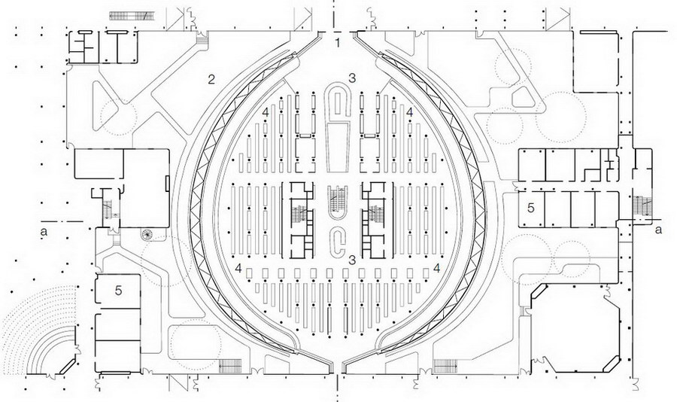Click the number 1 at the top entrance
338,43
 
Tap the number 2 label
211,79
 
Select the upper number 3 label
352,78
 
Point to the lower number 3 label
352,260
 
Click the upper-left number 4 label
265,112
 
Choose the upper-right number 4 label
409,112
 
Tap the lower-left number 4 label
238,269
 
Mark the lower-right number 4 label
436,269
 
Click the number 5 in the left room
118,291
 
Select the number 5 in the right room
530,208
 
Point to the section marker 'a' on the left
43,231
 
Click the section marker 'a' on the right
658,230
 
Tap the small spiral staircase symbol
147,235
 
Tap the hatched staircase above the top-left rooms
132,16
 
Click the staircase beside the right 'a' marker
642,206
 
